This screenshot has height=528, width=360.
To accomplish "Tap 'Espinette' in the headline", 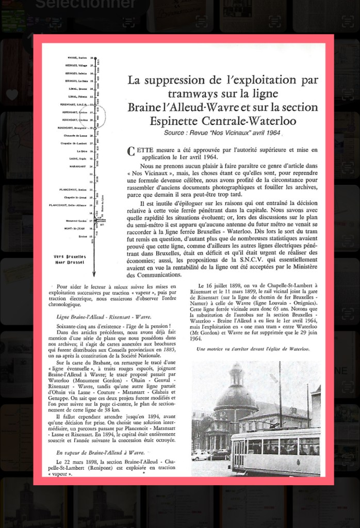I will [174, 121].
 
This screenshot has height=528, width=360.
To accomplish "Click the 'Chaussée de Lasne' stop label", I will [76, 135].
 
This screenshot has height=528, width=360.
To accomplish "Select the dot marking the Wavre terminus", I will [95, 58].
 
